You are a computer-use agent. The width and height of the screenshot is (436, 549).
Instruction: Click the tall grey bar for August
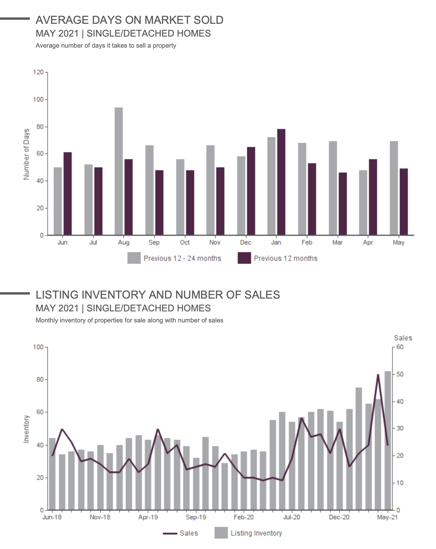[119, 171]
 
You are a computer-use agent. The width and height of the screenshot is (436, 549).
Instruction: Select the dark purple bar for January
[281, 182]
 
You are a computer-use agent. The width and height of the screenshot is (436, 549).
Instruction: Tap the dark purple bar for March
[343, 204]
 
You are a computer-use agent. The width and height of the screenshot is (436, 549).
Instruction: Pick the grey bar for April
[363, 203]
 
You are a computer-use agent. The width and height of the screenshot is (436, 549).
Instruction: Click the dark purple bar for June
[68, 193]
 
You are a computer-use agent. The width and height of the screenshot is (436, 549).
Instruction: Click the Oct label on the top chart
[185, 243]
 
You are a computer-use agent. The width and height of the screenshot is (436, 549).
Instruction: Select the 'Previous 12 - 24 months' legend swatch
[134, 258]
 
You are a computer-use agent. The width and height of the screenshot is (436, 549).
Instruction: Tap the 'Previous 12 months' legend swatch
[244, 258]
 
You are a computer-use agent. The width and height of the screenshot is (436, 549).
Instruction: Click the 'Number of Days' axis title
[26, 154]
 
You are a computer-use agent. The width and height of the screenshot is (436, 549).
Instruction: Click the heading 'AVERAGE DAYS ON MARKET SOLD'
[129, 20]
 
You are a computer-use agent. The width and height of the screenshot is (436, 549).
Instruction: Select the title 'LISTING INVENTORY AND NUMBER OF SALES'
[158, 295]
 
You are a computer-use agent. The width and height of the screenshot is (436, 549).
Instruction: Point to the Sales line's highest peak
[378, 375]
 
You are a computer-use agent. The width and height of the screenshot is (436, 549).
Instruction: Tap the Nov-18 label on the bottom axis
[100, 517]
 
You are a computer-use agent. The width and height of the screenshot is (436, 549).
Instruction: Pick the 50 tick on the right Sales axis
[400, 374]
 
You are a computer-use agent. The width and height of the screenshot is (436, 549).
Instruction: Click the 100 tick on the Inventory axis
[38, 347]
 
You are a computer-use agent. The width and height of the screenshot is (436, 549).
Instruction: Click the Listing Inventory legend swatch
[221, 533]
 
